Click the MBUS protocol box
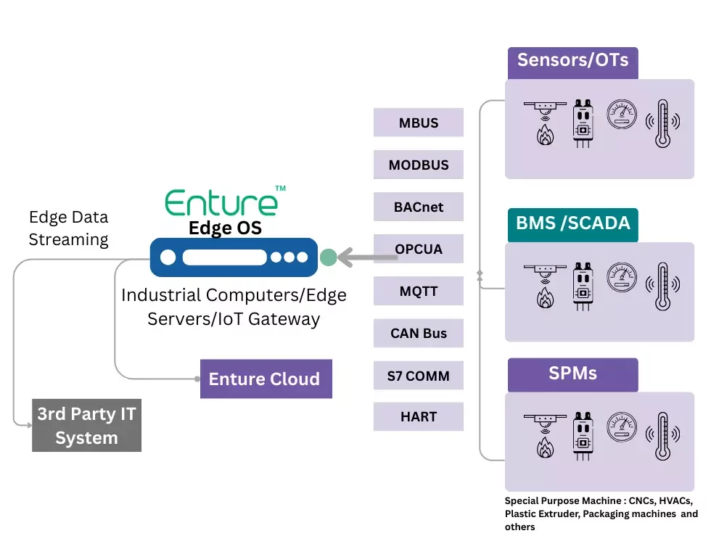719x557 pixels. point(419,123)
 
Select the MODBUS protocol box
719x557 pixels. point(419,165)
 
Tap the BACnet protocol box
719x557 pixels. point(419,207)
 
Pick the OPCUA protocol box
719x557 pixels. point(419,249)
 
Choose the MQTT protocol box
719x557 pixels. point(419,292)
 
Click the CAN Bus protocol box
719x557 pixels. point(419,334)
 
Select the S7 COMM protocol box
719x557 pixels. point(419,376)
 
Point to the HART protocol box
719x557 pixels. point(419,417)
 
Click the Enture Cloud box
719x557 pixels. point(266,379)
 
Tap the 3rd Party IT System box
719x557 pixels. point(86,426)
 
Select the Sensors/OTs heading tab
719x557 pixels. point(572,60)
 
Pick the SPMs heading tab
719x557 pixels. point(572,374)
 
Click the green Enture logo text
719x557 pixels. point(221,202)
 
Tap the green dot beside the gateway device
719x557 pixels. point(328,257)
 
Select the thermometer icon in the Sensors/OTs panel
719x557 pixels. point(662,123)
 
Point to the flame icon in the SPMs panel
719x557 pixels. point(545,448)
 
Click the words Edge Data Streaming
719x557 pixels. point(68,228)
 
